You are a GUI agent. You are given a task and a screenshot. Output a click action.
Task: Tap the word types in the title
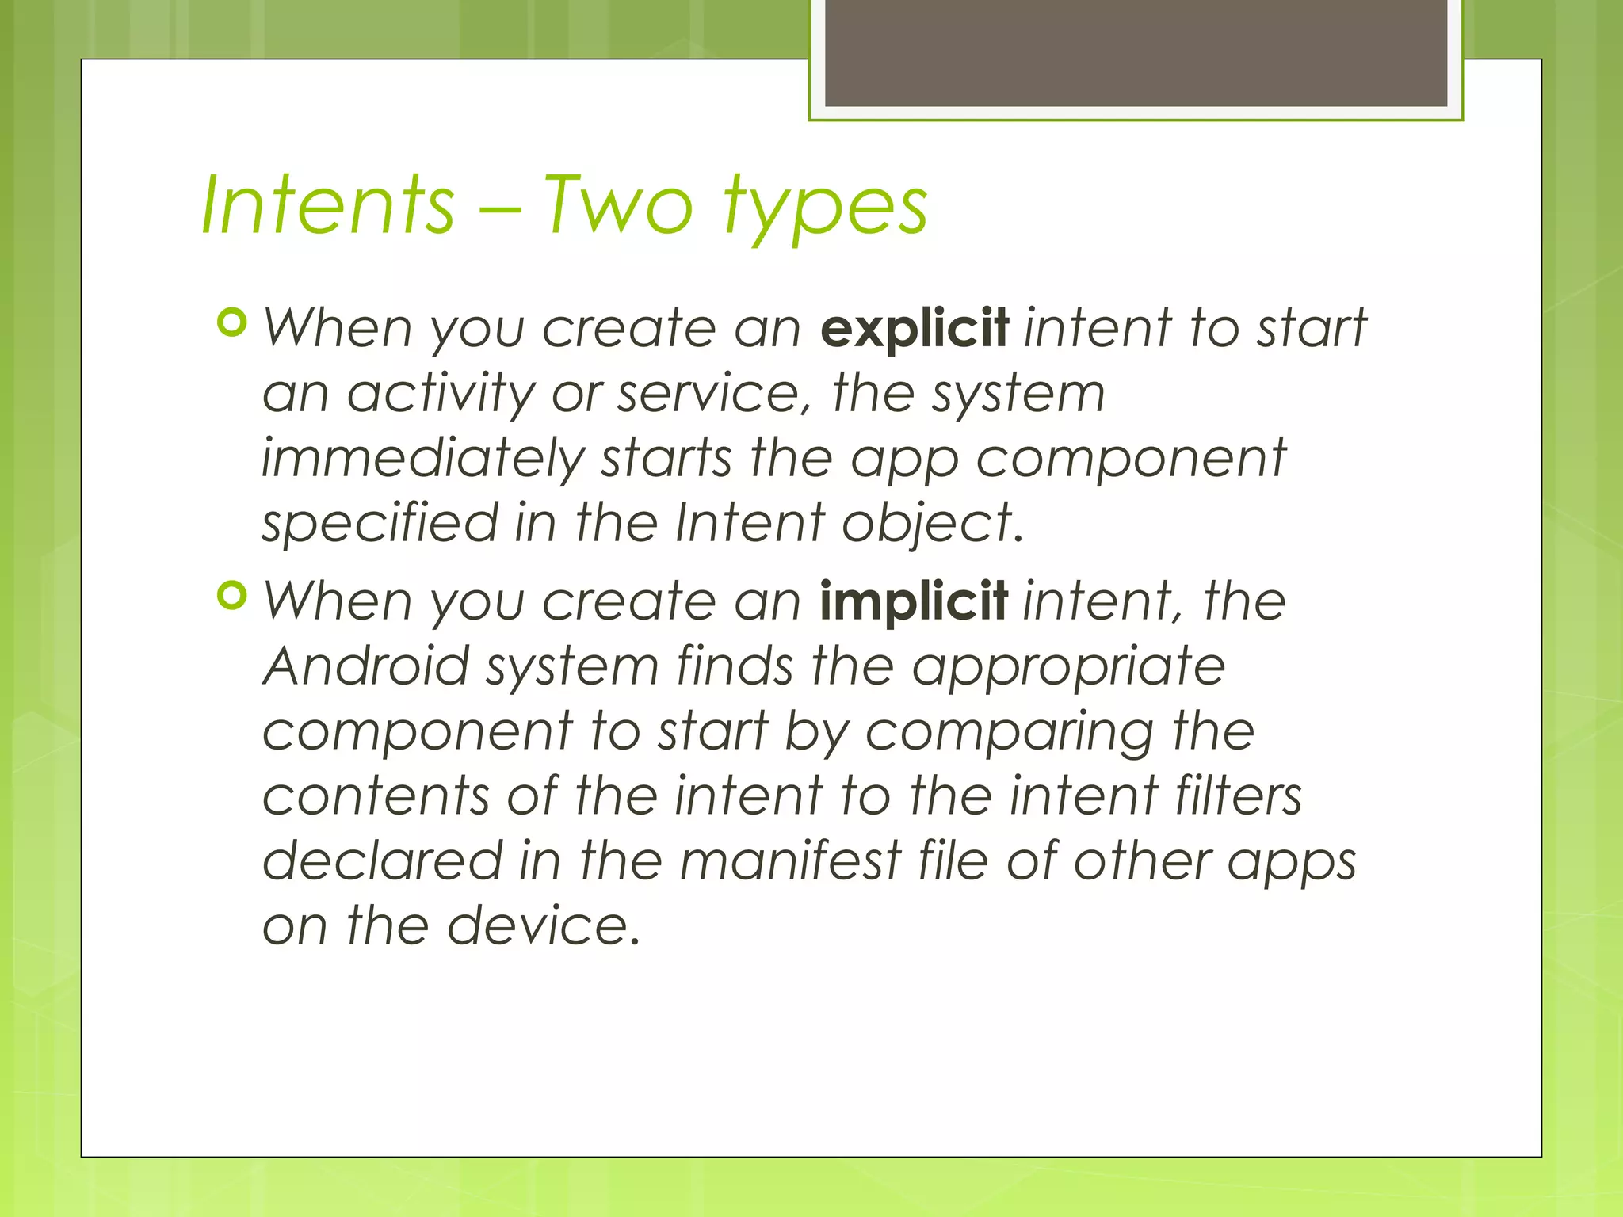click(x=825, y=208)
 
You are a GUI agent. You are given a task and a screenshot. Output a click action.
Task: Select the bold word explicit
click(x=915, y=328)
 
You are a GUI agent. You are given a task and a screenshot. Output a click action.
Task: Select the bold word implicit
click(x=914, y=601)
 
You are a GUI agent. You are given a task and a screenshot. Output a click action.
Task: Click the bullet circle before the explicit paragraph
click(x=232, y=322)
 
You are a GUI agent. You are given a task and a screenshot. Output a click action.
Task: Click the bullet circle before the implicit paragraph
click(x=232, y=596)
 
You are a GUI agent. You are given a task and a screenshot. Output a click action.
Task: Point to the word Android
click(x=366, y=666)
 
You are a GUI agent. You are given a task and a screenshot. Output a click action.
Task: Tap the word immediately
click(x=423, y=460)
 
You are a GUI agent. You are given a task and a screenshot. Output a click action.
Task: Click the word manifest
click(x=791, y=861)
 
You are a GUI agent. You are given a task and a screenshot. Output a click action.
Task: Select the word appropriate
click(x=1068, y=668)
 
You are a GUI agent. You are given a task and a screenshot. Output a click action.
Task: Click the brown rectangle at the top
click(x=1136, y=52)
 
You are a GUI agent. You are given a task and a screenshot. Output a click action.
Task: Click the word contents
click(x=376, y=796)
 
